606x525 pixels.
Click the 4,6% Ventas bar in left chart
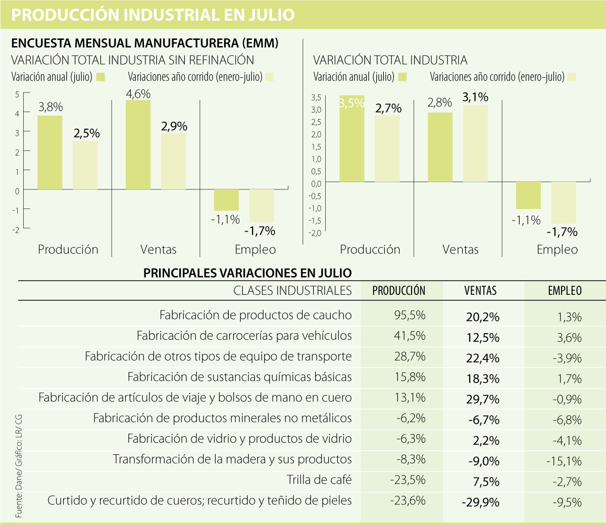[x=138, y=145]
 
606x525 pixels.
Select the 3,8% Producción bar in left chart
[x=50, y=152]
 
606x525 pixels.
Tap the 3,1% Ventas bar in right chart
[x=476, y=143]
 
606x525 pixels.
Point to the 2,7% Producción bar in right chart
[x=387, y=148]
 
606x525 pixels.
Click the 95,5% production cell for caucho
[x=410, y=316]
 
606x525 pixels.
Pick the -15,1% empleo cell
[x=564, y=461]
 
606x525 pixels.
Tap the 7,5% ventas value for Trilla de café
[x=486, y=482]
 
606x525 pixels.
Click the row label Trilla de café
[x=319, y=480]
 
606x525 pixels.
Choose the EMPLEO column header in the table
[x=565, y=291]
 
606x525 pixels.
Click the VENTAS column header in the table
[x=480, y=291]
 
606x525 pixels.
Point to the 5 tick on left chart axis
[x=17, y=94]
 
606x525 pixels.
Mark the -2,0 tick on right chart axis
[x=315, y=233]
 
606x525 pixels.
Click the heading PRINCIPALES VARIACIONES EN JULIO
[x=247, y=273]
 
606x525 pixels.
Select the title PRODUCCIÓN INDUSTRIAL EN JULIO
[x=153, y=15]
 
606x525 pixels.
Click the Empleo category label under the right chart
[x=557, y=249]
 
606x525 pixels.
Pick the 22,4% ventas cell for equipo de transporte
[x=483, y=358]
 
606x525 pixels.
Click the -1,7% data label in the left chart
[x=260, y=231]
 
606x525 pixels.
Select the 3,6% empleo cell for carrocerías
[x=570, y=338]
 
